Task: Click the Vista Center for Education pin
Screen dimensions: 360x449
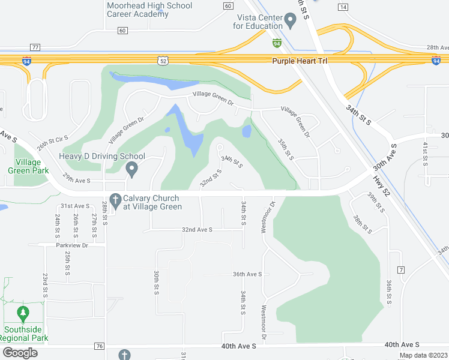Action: click(291, 23)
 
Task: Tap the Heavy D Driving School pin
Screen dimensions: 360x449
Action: click(131, 170)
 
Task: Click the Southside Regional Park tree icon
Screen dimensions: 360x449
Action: click(23, 313)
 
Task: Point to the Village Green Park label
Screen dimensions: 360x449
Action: click(24, 166)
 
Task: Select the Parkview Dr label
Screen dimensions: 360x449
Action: click(72, 245)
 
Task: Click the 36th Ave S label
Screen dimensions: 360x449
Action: click(247, 274)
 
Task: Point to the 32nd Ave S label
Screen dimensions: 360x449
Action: click(197, 229)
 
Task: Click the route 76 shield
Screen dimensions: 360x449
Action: click(100, 346)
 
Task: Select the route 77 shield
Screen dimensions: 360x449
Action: click(35, 47)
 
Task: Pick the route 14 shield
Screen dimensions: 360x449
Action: click(343, 7)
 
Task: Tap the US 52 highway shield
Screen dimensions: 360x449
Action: click(163, 60)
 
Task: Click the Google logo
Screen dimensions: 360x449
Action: click(20, 353)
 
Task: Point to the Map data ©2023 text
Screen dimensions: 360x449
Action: click(423, 355)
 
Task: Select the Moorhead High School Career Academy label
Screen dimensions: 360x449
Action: click(149, 10)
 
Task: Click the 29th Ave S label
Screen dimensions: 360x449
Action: click(76, 180)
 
